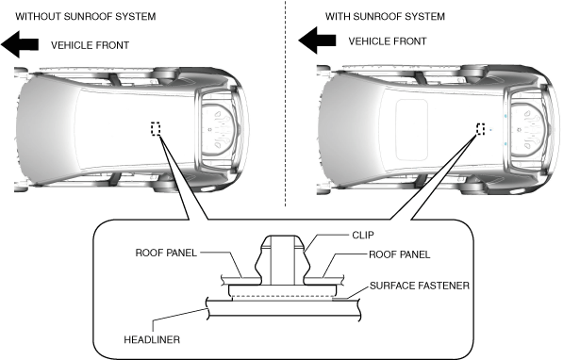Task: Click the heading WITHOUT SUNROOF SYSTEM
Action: [x=86, y=17]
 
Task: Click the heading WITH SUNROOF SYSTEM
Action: [x=385, y=17]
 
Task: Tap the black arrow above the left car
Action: [x=20, y=44]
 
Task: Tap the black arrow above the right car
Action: [x=317, y=41]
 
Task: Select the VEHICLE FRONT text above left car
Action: [x=90, y=45]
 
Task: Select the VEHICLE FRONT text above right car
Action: [x=388, y=41]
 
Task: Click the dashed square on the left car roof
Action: [x=156, y=128]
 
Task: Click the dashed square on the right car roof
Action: [x=480, y=128]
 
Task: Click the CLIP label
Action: [x=363, y=235]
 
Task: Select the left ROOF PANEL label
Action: [x=166, y=253]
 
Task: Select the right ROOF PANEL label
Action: [x=399, y=254]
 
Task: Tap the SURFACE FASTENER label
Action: [x=420, y=286]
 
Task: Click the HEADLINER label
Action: [x=152, y=339]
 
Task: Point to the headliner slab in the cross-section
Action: [x=284, y=308]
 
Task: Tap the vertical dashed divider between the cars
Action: [x=286, y=104]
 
